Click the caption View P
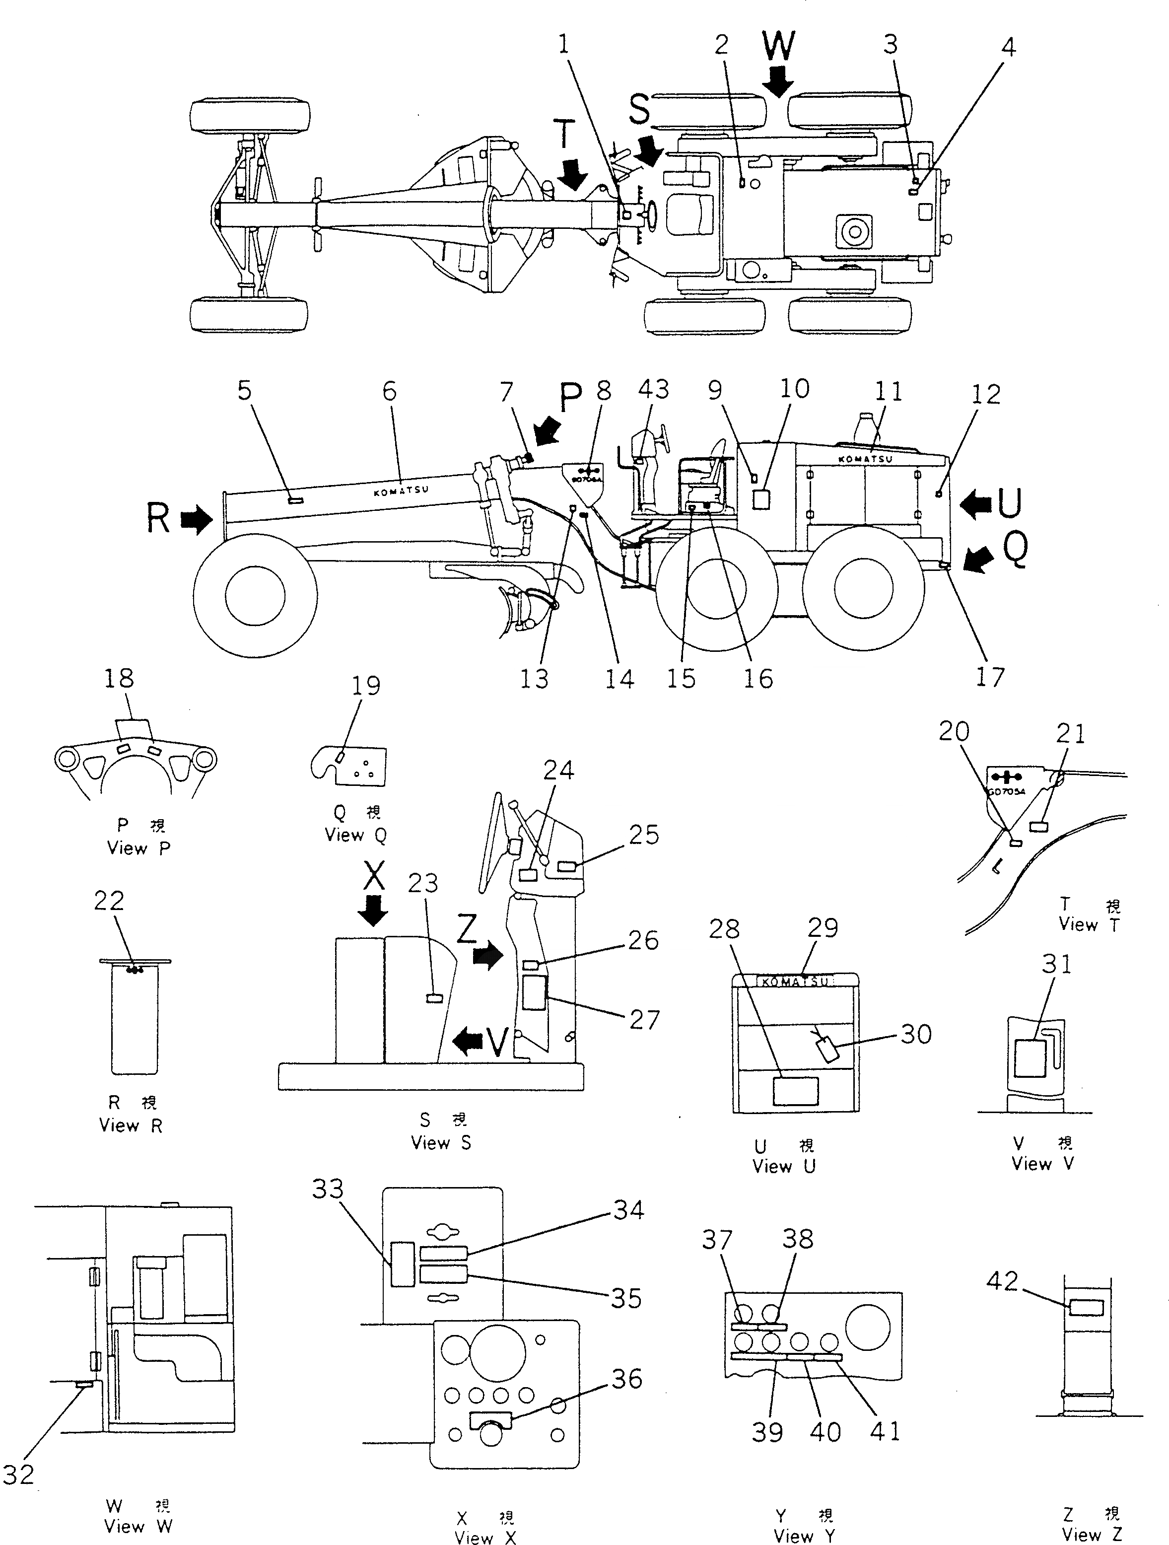pyautogui.click(x=138, y=848)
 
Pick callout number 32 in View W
pyautogui.click(x=18, y=1474)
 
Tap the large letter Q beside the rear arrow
pyautogui.click(x=1016, y=550)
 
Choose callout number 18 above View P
pyautogui.click(x=119, y=678)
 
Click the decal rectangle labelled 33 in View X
pyautogui.click(x=402, y=1264)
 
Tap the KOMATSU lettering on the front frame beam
pyautogui.click(x=401, y=491)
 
